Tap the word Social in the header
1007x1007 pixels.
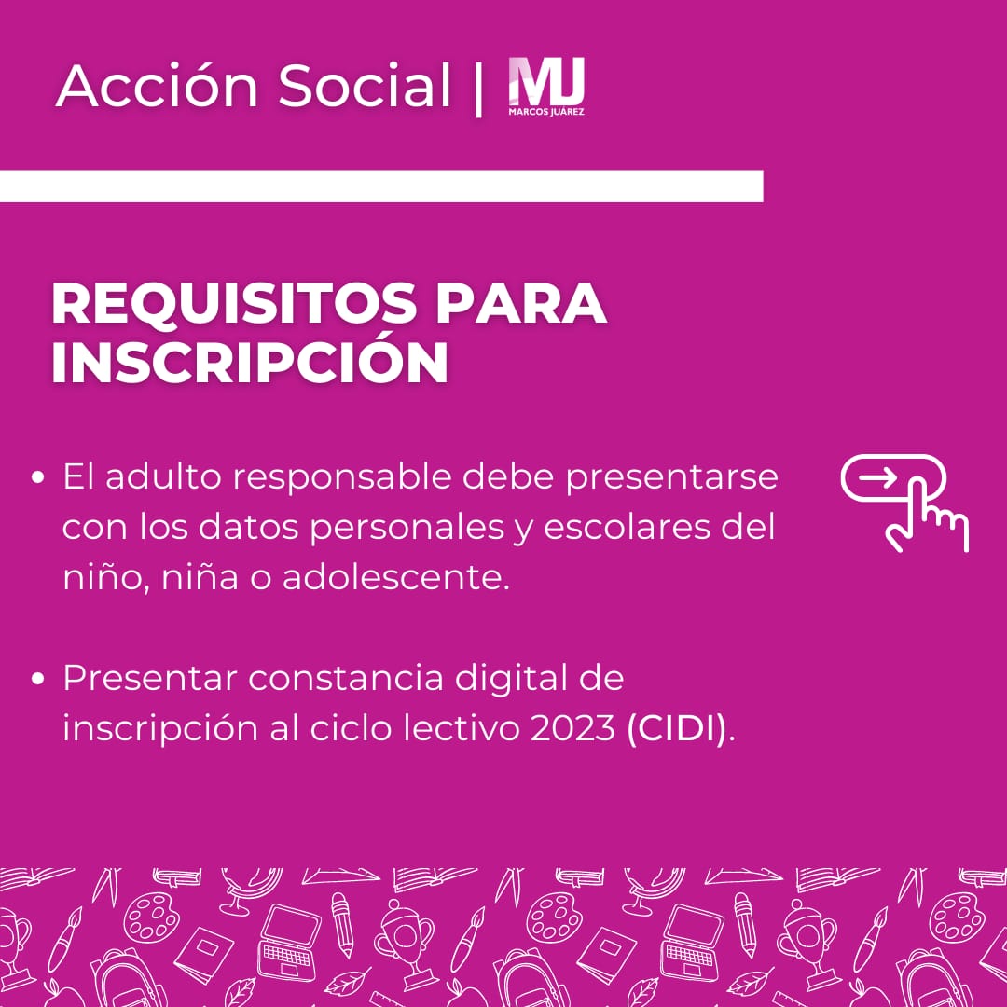365,88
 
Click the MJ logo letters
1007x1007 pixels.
546,82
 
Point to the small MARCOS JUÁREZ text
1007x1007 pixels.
546,112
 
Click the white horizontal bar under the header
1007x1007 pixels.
381,186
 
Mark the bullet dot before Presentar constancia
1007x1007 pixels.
38,679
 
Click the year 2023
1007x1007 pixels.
569,729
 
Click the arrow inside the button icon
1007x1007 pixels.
877,478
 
